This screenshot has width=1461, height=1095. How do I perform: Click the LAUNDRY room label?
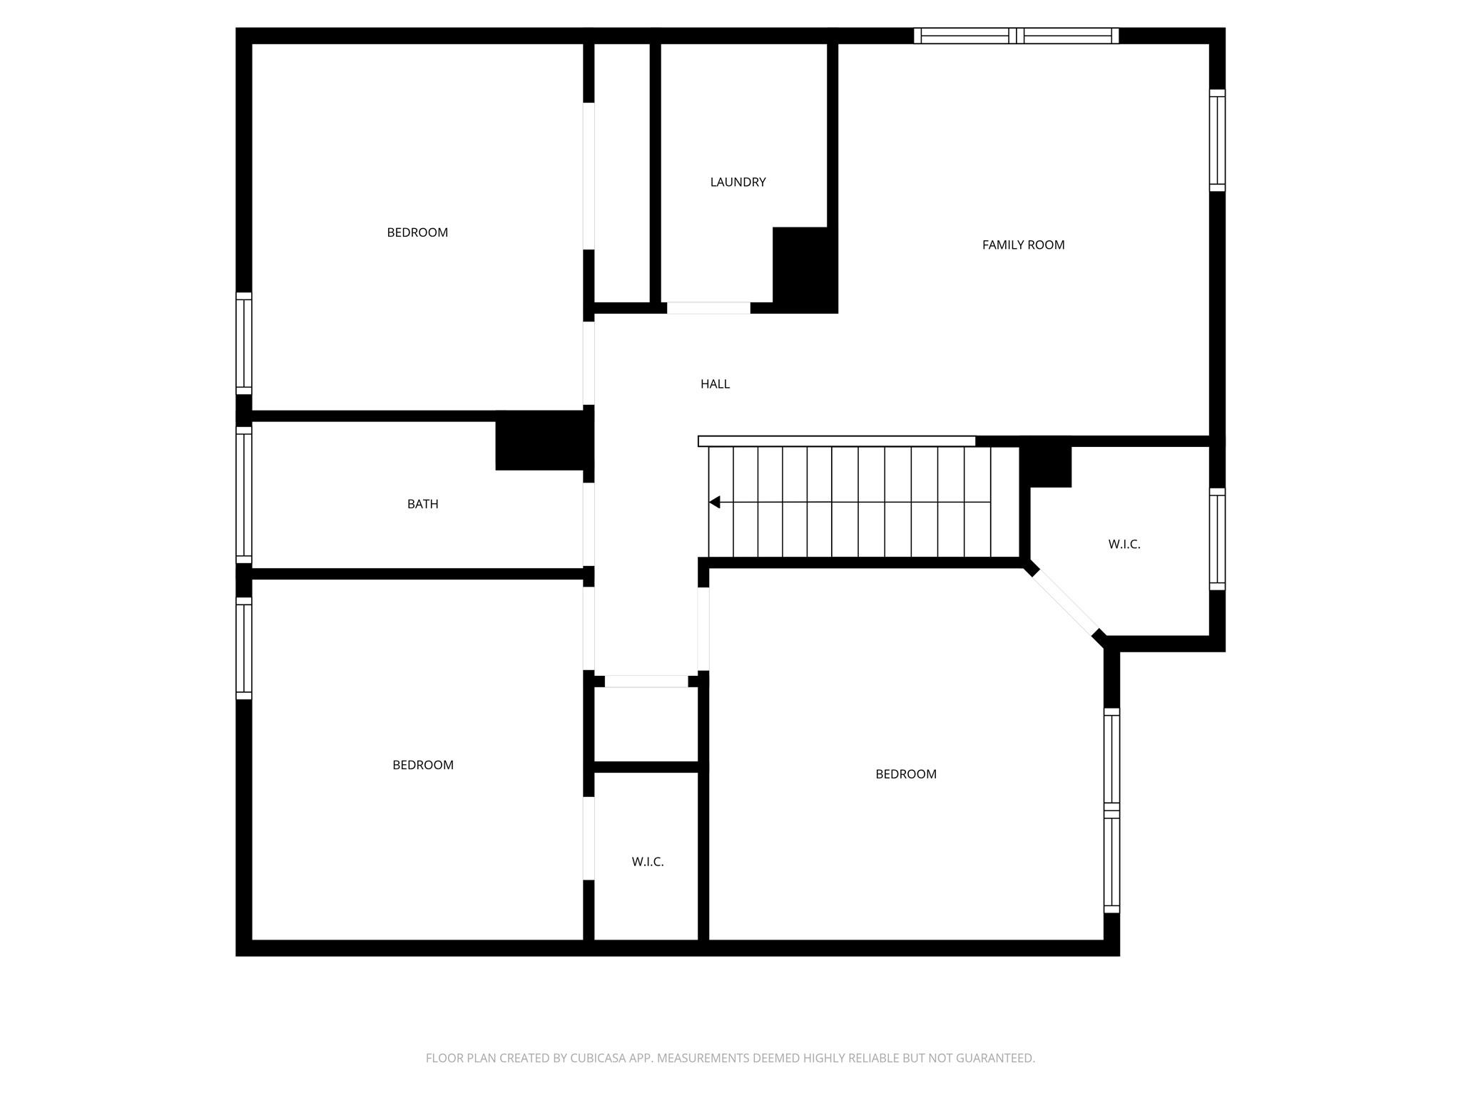[738, 182]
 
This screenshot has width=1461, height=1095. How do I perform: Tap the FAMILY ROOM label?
[1023, 245]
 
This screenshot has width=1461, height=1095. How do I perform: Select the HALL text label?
[715, 384]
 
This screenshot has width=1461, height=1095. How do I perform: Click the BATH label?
[422, 504]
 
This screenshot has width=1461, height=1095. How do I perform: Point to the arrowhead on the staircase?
[715, 503]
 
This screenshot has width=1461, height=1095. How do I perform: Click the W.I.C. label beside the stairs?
[1124, 545]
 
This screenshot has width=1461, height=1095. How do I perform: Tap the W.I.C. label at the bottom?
[648, 862]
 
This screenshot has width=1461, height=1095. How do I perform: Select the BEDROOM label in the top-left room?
[417, 232]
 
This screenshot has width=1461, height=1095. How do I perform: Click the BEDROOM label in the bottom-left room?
[423, 765]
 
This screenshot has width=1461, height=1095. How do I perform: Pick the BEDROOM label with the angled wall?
[906, 774]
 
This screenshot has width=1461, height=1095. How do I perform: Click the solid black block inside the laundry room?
[804, 269]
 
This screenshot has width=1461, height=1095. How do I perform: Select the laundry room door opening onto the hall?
[708, 308]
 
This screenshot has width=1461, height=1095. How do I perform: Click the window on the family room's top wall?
[1016, 36]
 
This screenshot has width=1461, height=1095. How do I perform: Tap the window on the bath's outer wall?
[244, 495]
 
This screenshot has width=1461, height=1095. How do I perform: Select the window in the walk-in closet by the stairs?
[1217, 540]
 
